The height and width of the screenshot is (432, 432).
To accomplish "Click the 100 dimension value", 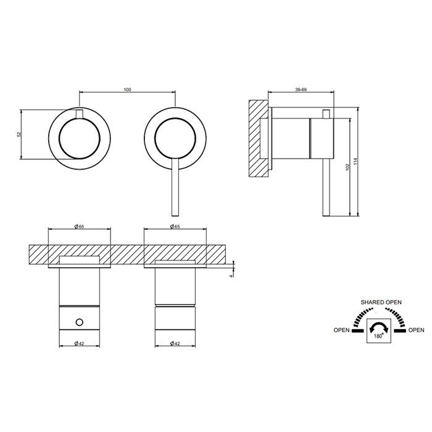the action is (128, 89).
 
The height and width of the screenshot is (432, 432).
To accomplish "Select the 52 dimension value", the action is (19, 135).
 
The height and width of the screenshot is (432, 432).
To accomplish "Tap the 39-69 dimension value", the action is (301, 89).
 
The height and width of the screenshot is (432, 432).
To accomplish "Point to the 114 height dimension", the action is (355, 162).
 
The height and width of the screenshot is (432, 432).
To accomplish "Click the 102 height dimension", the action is (347, 167).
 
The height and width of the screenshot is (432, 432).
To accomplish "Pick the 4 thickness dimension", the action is (231, 275).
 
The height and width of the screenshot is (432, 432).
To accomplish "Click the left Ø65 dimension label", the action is (79, 226).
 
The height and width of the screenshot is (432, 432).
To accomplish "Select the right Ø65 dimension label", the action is (175, 226).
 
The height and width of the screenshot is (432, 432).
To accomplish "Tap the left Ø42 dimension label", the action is (79, 343).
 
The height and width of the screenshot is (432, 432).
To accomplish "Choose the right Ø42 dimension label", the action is (175, 343).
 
